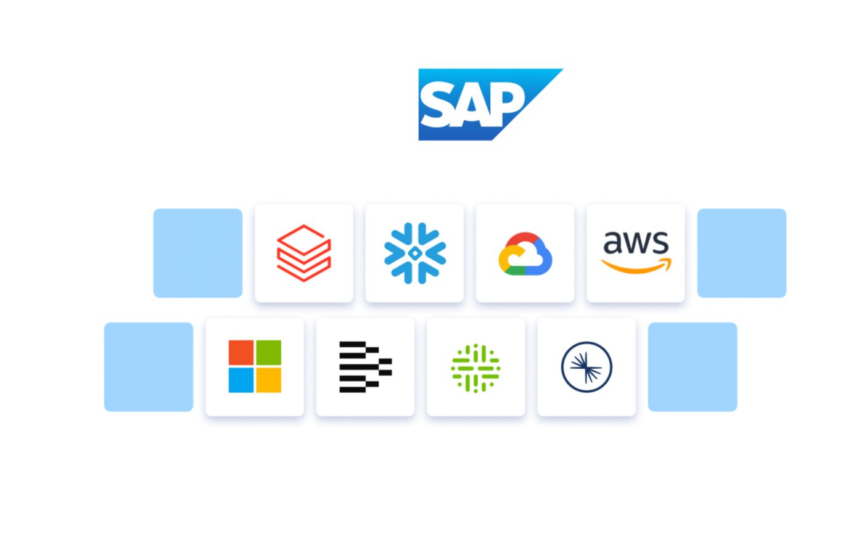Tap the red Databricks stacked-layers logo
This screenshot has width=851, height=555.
pyautogui.click(x=304, y=253)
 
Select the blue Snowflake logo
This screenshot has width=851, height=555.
pyautogui.click(x=415, y=253)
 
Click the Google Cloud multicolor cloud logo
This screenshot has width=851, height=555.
pyautogui.click(x=525, y=253)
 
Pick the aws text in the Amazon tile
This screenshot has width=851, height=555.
pyautogui.click(x=636, y=242)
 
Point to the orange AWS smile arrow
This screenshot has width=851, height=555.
pyautogui.click(x=636, y=266)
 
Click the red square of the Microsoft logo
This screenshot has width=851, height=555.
pyautogui.click(x=241, y=353)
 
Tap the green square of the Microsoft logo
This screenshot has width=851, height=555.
pyautogui.click(x=269, y=353)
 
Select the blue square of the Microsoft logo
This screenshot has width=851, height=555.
pyautogui.click(x=241, y=380)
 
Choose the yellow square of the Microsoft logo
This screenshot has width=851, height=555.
pyautogui.click(x=269, y=380)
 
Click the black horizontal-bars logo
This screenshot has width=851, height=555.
pyautogui.click(x=366, y=366)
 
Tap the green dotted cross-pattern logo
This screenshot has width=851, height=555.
pyautogui.click(x=475, y=368)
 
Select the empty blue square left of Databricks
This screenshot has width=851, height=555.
pyautogui.click(x=198, y=253)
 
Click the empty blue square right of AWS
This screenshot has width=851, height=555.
pyautogui.click(x=742, y=253)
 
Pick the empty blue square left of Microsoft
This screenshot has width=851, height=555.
pyautogui.click(x=149, y=367)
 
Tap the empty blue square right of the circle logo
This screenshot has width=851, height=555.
pyautogui.click(x=693, y=367)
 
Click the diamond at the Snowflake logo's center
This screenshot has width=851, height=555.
pyautogui.click(x=415, y=253)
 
